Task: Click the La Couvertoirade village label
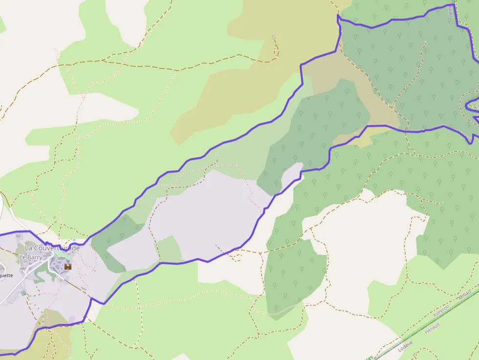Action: (52, 248)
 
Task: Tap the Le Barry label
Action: (30, 257)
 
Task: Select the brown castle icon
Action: (68, 267)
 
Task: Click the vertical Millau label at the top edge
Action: (450, 13)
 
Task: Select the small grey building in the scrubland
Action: (274, 37)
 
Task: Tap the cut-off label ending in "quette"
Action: (6, 275)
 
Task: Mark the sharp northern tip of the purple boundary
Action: (338, 16)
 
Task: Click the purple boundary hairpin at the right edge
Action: (470, 105)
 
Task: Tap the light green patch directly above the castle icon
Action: (62, 255)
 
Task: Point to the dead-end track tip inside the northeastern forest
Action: (426, 42)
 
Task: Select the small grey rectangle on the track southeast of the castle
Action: (84, 289)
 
